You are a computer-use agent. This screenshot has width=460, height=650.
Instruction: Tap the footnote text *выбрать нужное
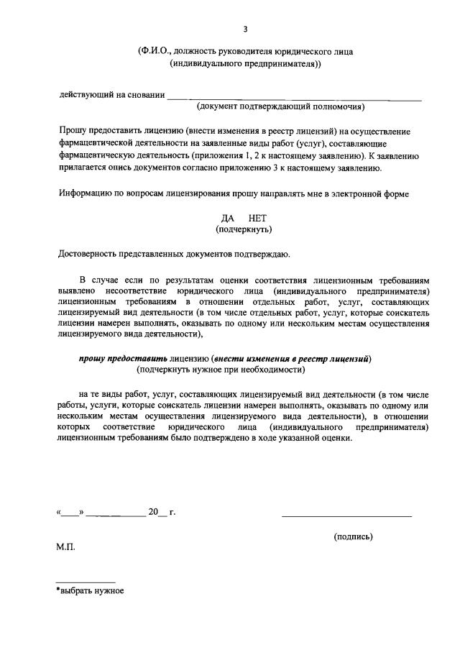pyautogui.click(x=90, y=590)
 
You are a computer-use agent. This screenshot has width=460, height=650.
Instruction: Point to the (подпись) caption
pyautogui.click(x=354, y=536)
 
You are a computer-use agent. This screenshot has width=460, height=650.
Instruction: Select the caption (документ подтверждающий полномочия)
pyautogui.click(x=281, y=107)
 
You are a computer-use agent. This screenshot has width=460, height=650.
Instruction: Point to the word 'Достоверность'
pyautogui.click(x=91, y=252)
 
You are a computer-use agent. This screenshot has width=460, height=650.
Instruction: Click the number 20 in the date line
pyautogui.click(x=152, y=513)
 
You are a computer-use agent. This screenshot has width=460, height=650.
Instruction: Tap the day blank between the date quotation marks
pyautogui.click(x=69, y=513)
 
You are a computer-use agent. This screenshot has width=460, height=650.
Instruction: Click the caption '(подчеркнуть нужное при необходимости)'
pyautogui.click(x=221, y=370)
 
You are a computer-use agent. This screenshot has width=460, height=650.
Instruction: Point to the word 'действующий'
pyautogui.click(x=84, y=95)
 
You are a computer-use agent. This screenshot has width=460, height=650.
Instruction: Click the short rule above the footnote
pyautogui.click(x=86, y=581)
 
